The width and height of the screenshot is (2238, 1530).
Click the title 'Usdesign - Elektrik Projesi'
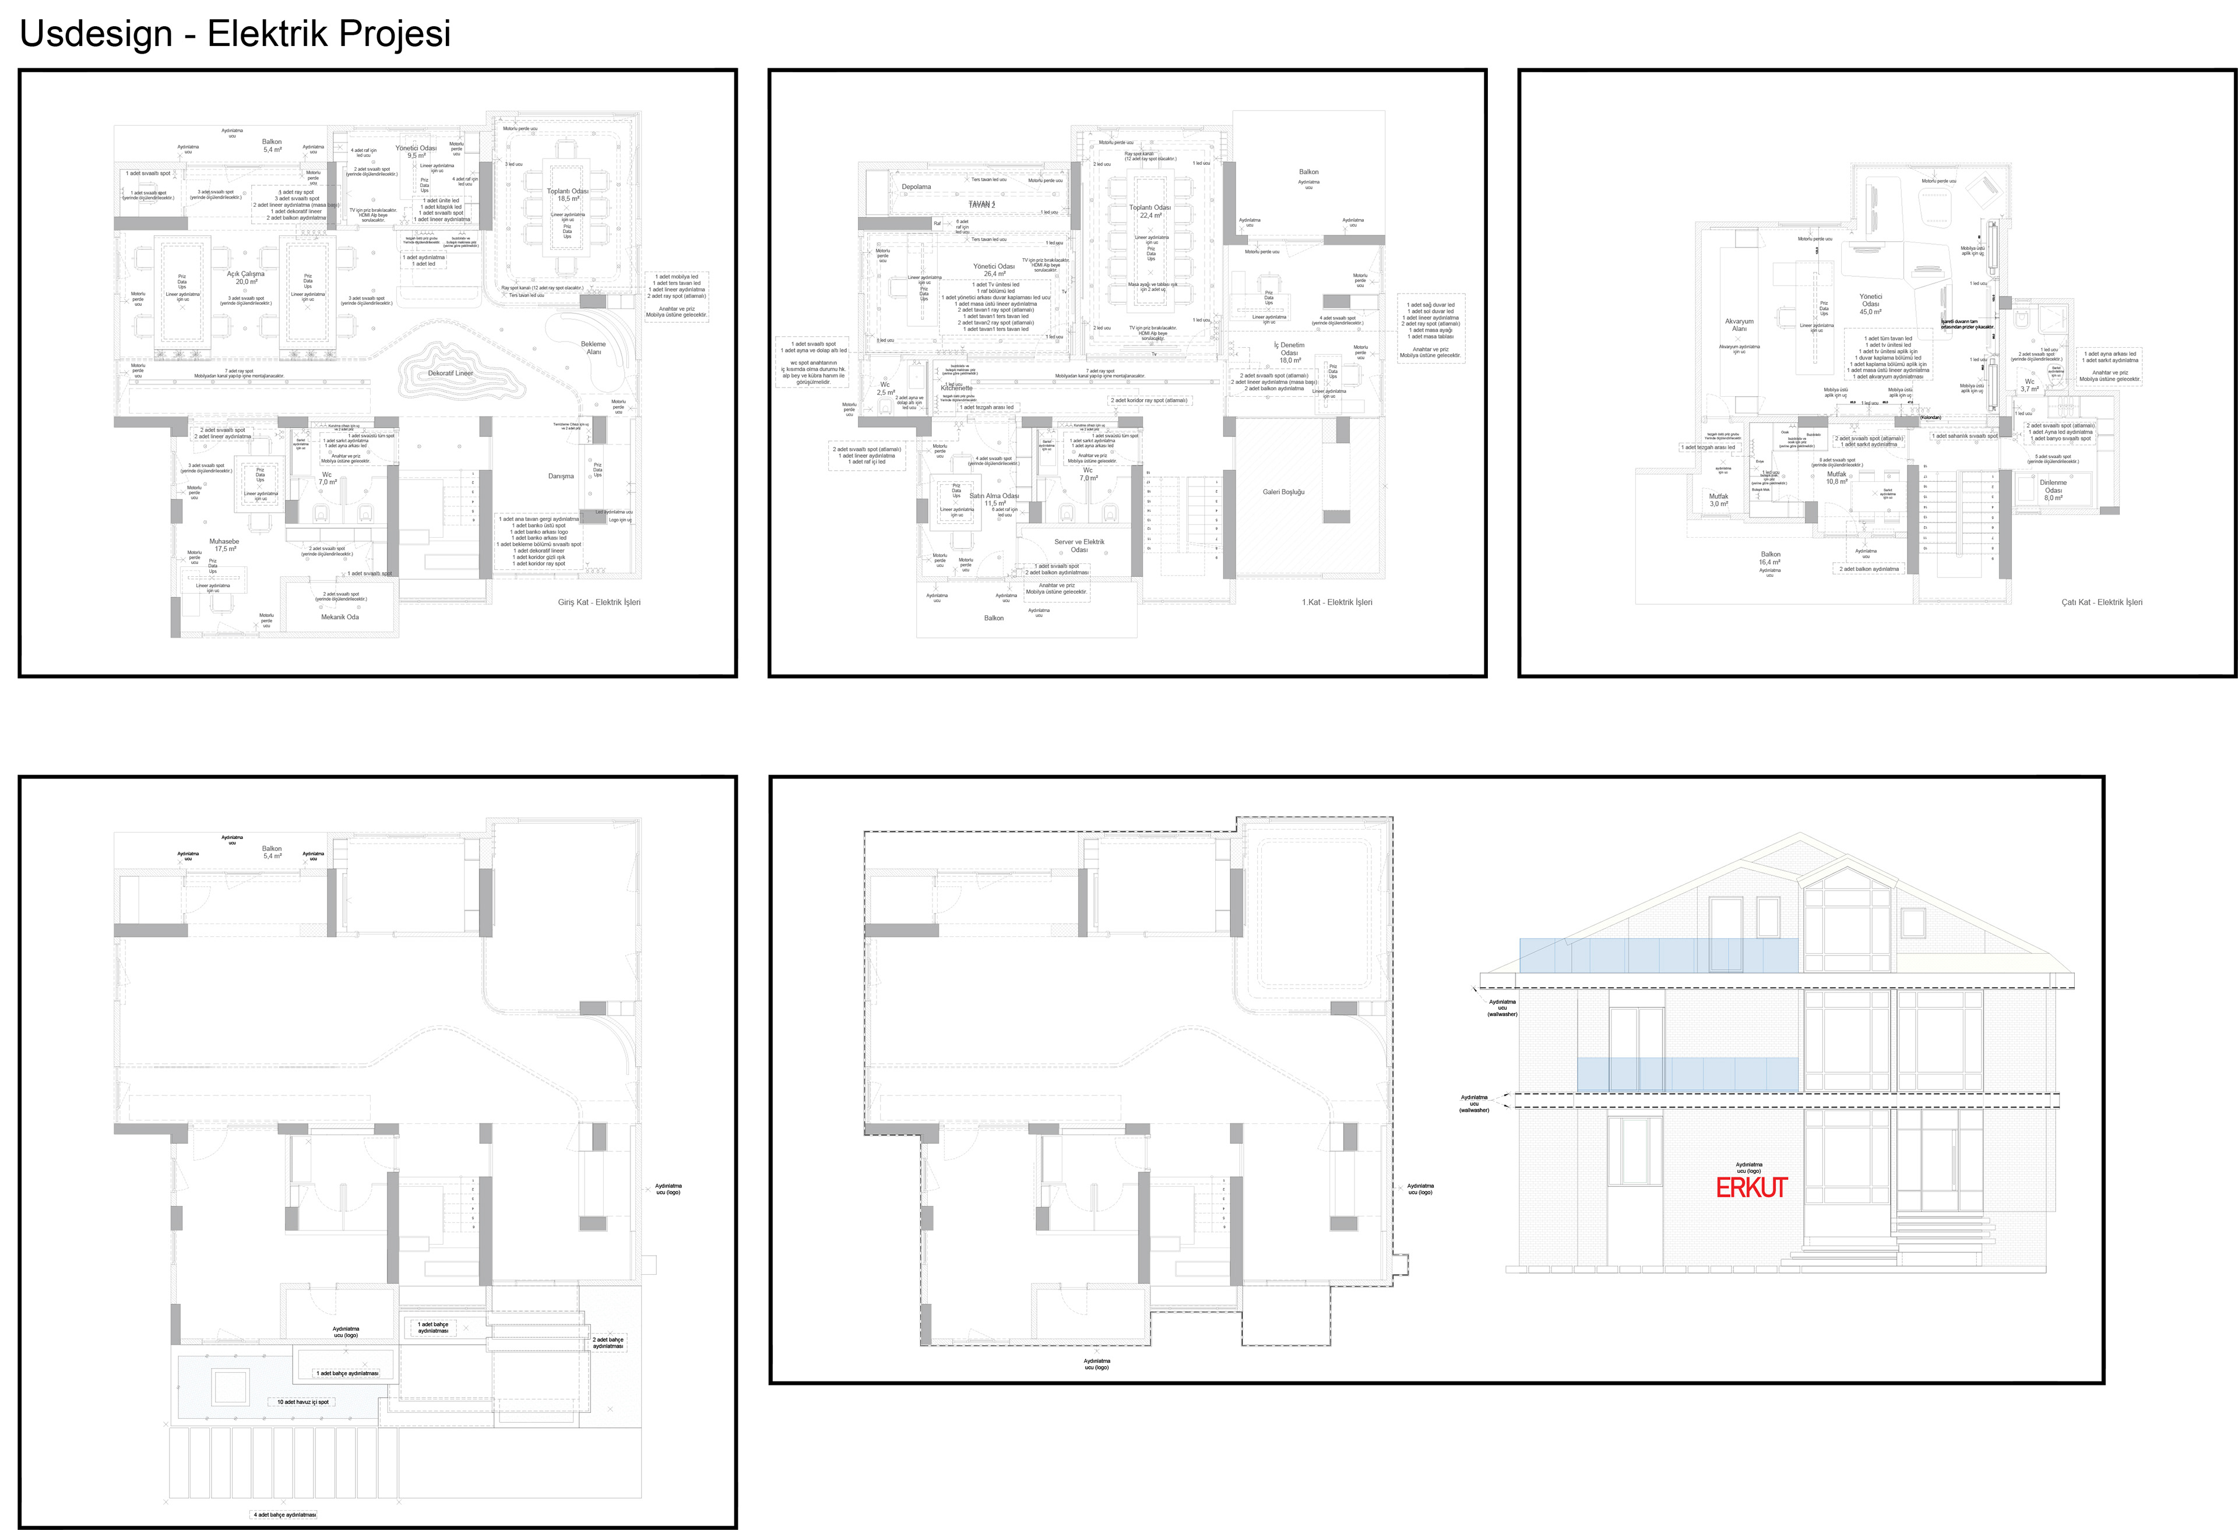[235, 34]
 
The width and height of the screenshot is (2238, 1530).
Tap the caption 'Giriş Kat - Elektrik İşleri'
[599, 603]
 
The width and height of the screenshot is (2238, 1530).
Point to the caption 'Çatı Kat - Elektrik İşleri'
[2101, 603]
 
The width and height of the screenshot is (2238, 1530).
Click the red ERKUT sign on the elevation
[1751, 1188]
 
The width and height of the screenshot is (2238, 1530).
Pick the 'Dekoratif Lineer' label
[451, 373]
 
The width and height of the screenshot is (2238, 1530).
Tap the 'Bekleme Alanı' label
[593, 348]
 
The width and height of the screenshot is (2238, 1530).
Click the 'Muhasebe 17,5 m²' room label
[224, 545]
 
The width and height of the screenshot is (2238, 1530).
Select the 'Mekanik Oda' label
[340, 617]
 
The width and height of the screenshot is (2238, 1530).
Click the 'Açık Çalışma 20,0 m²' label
[245, 277]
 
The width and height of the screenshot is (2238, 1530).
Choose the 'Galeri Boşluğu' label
[1284, 492]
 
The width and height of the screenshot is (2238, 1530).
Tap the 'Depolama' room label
[916, 187]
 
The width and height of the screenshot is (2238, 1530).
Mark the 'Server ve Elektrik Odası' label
[1079, 546]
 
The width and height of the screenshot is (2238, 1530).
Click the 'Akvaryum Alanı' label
[1739, 326]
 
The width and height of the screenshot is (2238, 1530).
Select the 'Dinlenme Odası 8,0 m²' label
[2053, 490]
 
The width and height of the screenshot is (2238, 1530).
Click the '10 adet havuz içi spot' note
[303, 1402]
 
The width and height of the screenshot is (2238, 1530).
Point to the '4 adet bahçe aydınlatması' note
[284, 1515]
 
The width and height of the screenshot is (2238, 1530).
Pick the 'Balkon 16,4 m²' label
[1770, 559]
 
